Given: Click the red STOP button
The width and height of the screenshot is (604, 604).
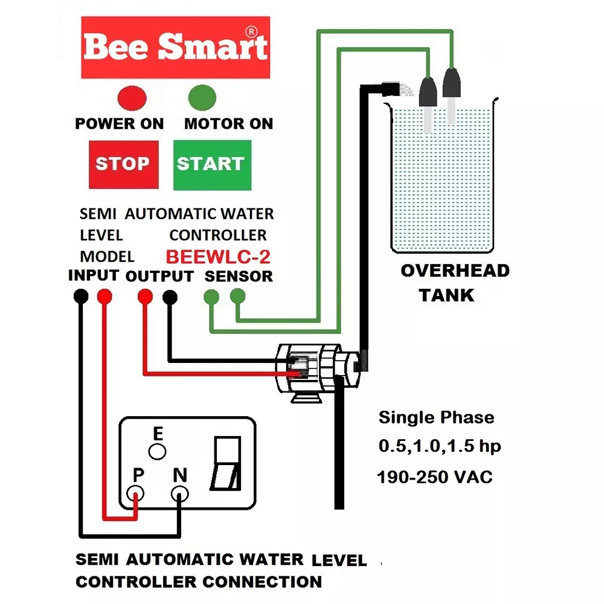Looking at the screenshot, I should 123,164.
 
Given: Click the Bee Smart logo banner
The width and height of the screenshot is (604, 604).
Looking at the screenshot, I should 175,47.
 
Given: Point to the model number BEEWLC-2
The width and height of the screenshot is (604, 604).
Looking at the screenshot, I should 218,257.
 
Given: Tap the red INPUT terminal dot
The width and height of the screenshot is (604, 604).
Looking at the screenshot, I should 104,296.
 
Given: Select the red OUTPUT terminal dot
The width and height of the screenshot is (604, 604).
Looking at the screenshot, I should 145,296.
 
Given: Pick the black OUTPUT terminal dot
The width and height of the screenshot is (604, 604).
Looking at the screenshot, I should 170,296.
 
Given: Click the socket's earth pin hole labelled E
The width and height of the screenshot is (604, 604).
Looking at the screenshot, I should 158,451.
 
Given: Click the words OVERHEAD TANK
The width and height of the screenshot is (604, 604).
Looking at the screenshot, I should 455,283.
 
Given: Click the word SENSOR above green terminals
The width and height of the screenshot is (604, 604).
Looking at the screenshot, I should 239,277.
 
